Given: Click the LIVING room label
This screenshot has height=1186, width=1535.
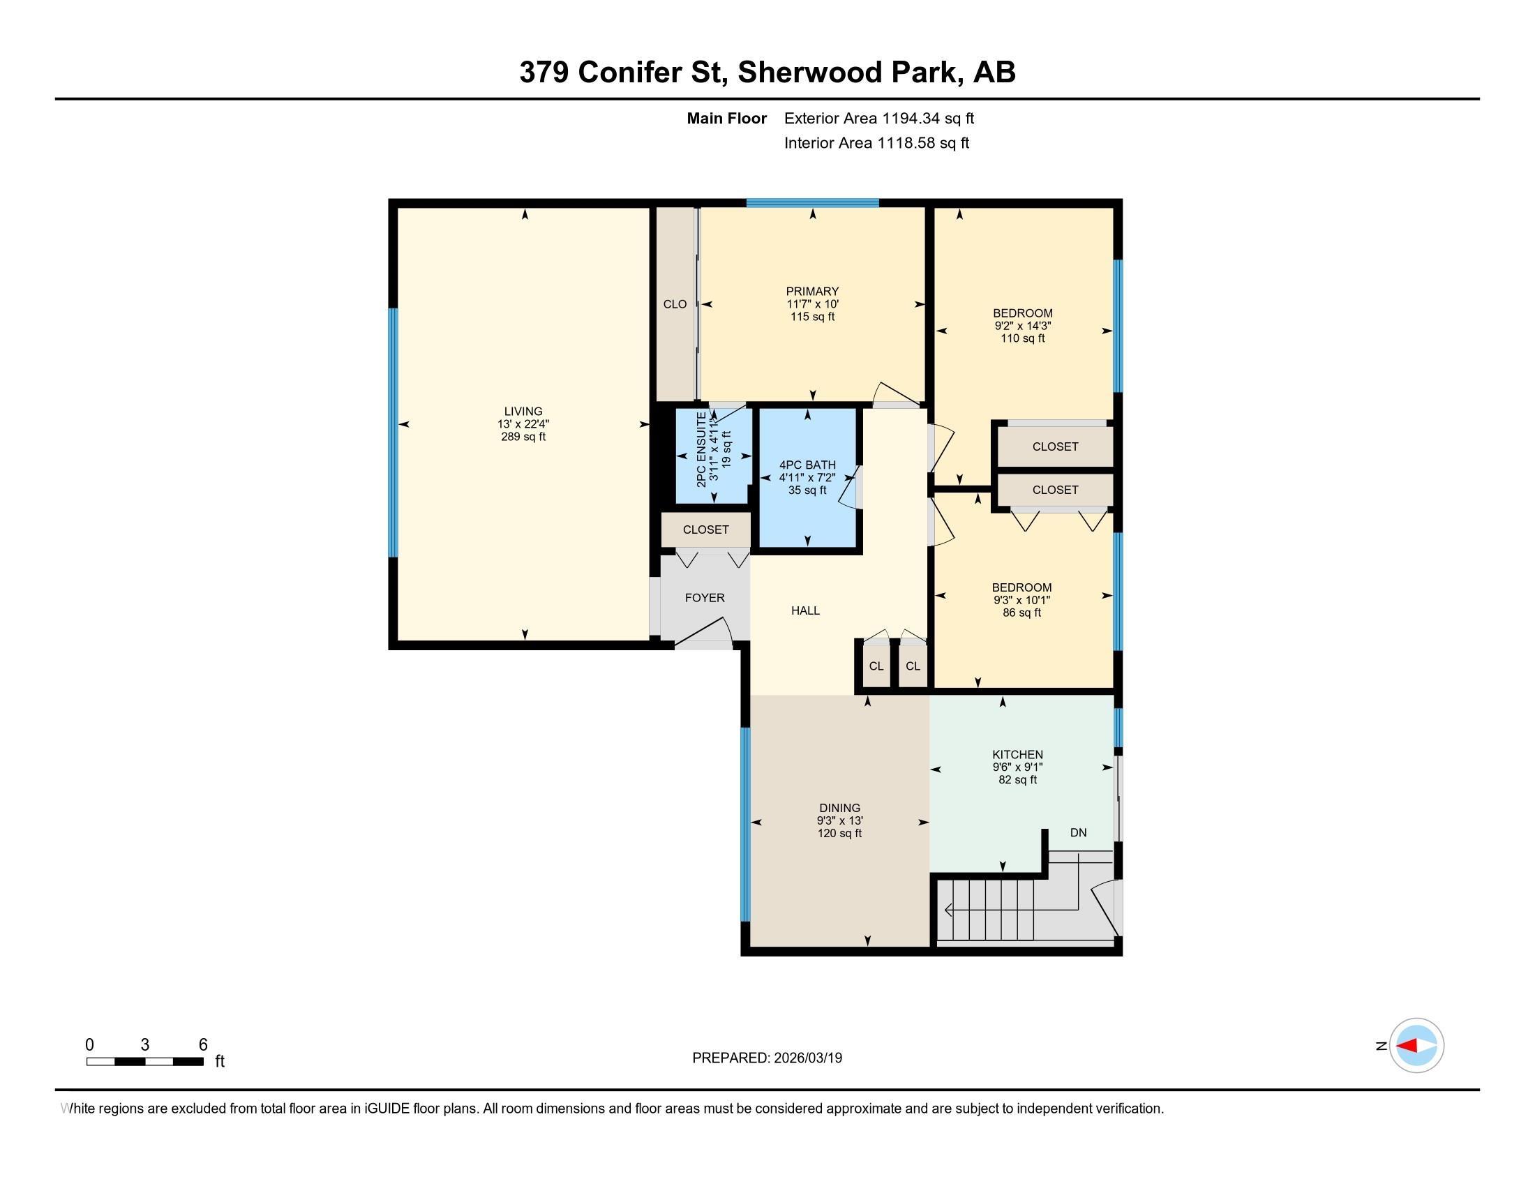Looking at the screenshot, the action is [523, 412].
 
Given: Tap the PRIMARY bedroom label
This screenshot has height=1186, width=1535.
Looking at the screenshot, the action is [812, 292].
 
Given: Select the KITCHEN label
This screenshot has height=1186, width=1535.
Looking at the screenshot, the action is [1018, 755].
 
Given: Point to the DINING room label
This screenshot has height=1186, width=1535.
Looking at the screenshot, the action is [839, 808].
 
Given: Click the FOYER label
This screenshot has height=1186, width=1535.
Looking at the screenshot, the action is [704, 598].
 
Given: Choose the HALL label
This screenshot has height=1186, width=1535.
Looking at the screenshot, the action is [805, 610].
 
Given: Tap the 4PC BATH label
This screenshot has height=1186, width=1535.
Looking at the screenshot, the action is [807, 465].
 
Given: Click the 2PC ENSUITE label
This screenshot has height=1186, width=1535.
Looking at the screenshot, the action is [701, 451].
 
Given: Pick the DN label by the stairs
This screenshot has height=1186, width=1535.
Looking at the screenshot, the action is [1078, 832].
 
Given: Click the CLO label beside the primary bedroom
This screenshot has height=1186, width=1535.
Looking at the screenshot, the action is [675, 304].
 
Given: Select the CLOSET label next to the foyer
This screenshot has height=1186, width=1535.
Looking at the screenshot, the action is [705, 530].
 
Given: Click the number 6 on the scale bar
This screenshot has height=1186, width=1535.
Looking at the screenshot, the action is [203, 1045].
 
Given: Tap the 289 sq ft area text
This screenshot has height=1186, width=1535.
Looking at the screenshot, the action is [523, 437].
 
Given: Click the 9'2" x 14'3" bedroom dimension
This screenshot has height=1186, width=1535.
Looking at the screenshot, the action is [1023, 326].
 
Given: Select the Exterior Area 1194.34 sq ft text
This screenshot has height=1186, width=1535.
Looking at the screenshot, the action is [879, 119].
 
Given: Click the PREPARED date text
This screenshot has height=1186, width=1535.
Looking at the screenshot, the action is [767, 1058].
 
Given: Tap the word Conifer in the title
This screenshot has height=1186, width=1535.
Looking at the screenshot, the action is [630, 73].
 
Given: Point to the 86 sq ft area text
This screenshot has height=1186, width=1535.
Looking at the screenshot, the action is [1022, 613].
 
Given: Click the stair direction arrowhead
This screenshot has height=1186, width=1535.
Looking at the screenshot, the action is [948, 910].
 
